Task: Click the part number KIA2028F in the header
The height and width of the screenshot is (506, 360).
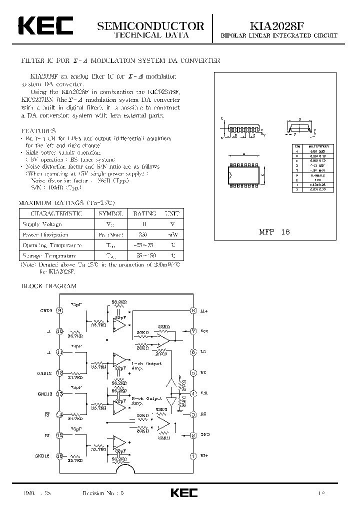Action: pos(279,25)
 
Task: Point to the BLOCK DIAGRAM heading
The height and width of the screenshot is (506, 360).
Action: pos(48,286)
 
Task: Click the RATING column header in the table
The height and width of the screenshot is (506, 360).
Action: pos(144,213)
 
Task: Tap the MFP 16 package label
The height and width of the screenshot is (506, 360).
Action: pos(274,232)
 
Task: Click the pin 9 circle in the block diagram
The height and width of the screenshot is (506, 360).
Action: pos(60,310)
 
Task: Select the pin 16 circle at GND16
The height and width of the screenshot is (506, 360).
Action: pos(60,455)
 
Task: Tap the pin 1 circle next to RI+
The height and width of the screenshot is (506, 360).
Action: pos(193,455)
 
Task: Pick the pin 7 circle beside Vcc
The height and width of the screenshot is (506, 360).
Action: pos(193,331)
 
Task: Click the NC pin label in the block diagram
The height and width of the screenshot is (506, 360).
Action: pos(203,373)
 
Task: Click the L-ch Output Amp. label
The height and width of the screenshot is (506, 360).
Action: pos(141,365)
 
